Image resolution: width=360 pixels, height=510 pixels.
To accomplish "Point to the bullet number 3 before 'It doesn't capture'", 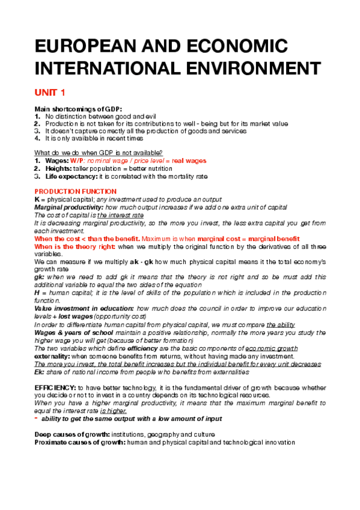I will pyautogui.click(x=37, y=130).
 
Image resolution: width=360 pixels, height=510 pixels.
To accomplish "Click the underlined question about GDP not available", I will pyautogui.click(x=99, y=152).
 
